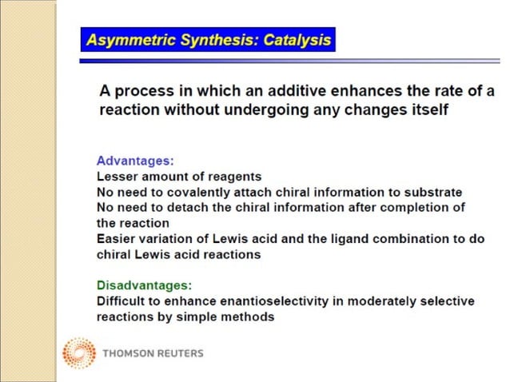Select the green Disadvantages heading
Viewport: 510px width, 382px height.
coord(145,285)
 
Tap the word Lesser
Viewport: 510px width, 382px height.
coord(115,177)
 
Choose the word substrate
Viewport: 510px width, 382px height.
coord(435,193)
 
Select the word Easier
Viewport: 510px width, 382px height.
coord(115,239)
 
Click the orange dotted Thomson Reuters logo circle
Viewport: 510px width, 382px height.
coord(78,353)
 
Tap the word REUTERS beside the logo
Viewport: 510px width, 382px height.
coord(177,353)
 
